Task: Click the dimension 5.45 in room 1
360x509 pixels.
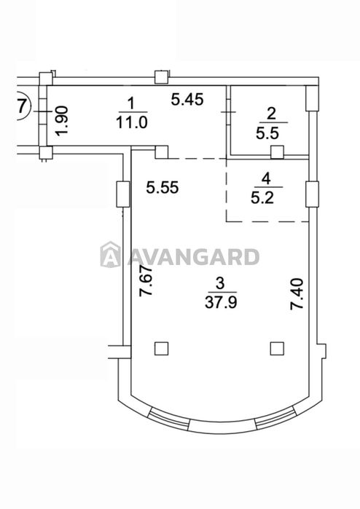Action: pyautogui.click(x=187, y=99)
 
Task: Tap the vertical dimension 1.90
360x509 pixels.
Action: pyautogui.click(x=61, y=120)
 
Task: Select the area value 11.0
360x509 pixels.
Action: pyautogui.click(x=131, y=123)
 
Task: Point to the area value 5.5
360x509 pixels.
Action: pyautogui.click(x=267, y=133)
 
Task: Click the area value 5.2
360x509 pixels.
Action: pyautogui.click(x=262, y=197)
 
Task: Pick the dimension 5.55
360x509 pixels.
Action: pyautogui.click(x=163, y=187)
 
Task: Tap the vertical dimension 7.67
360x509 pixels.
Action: pyautogui.click(x=146, y=281)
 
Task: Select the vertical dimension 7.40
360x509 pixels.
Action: pyautogui.click(x=297, y=293)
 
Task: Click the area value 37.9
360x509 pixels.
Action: pyautogui.click(x=221, y=302)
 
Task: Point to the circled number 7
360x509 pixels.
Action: pyautogui.click(x=22, y=106)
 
